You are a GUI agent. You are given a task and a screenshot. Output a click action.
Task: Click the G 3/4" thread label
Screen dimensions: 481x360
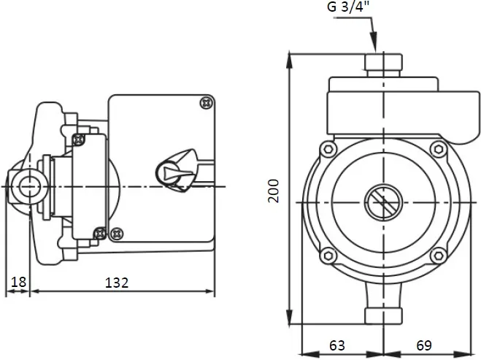pos(349,7)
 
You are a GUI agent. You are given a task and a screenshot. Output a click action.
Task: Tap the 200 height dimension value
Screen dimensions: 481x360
pos(274,191)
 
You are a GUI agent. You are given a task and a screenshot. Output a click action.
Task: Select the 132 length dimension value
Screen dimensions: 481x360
pos(117,283)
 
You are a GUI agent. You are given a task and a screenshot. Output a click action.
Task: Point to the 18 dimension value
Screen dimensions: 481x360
pos(19,282)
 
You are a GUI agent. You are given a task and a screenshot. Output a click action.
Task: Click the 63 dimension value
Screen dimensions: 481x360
pos(337,345)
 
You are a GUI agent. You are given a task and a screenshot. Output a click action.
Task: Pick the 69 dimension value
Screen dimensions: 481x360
pos(424,345)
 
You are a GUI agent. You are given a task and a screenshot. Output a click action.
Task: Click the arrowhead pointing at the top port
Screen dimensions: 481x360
pos(373,42)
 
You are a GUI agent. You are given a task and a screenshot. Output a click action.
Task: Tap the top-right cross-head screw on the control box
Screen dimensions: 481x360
pos(207,103)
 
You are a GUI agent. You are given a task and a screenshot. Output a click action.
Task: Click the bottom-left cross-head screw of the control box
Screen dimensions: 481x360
pos(117,234)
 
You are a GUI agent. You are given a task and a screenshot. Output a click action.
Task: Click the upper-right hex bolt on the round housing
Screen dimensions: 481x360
pos(439,150)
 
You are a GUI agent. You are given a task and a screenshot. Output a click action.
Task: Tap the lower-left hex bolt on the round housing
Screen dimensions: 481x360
pos(328,255)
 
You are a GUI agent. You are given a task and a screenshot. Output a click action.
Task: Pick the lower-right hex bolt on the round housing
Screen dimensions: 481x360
pos(439,256)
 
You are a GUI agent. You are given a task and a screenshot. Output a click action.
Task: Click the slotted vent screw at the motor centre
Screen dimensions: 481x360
pos(383,202)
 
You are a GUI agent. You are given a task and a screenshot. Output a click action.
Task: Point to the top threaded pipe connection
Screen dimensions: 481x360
pos(383,65)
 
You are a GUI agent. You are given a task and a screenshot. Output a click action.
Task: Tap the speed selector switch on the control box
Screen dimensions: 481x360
pos(176,171)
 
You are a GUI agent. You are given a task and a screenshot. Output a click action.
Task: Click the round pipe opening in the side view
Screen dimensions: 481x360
pos(30,187)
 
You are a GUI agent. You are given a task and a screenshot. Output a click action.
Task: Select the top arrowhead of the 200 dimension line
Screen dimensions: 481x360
pos(289,60)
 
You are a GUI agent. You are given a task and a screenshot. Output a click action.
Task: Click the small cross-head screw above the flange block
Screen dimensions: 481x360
pos(79,140)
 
